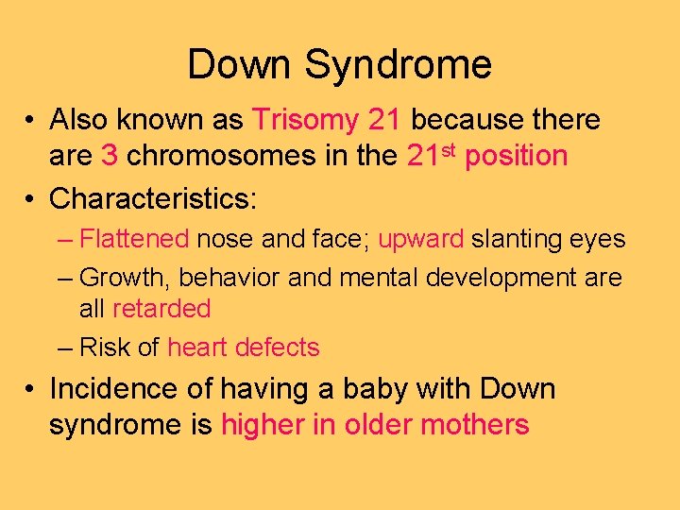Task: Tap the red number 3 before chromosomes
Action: pos(108,156)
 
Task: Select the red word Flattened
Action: pos(135,239)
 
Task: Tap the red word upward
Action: pos(420,240)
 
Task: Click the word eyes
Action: pos(596,240)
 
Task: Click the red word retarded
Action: pos(161,309)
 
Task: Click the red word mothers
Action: pos(475,424)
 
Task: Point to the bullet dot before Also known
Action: pos(31,121)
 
